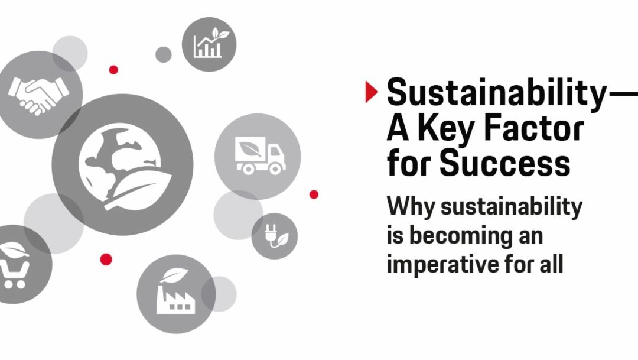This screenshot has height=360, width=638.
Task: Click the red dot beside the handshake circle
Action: [113, 70]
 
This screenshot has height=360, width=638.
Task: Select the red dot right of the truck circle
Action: [314, 194]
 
